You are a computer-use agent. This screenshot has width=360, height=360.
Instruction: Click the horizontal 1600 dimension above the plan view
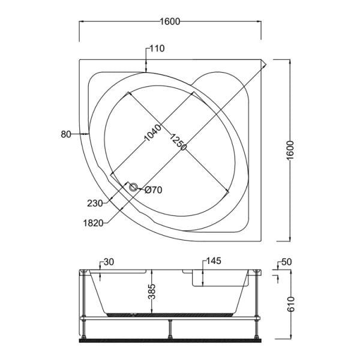click(x=170, y=22)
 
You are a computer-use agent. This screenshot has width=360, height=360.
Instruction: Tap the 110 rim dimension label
click(x=157, y=49)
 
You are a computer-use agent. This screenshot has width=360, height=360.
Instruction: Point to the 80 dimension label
click(x=66, y=134)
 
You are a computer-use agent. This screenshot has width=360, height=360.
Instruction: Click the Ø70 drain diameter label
click(x=154, y=191)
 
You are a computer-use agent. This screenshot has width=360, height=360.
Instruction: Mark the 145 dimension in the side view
click(x=214, y=261)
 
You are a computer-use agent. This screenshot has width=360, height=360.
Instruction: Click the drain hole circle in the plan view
click(x=134, y=188)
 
